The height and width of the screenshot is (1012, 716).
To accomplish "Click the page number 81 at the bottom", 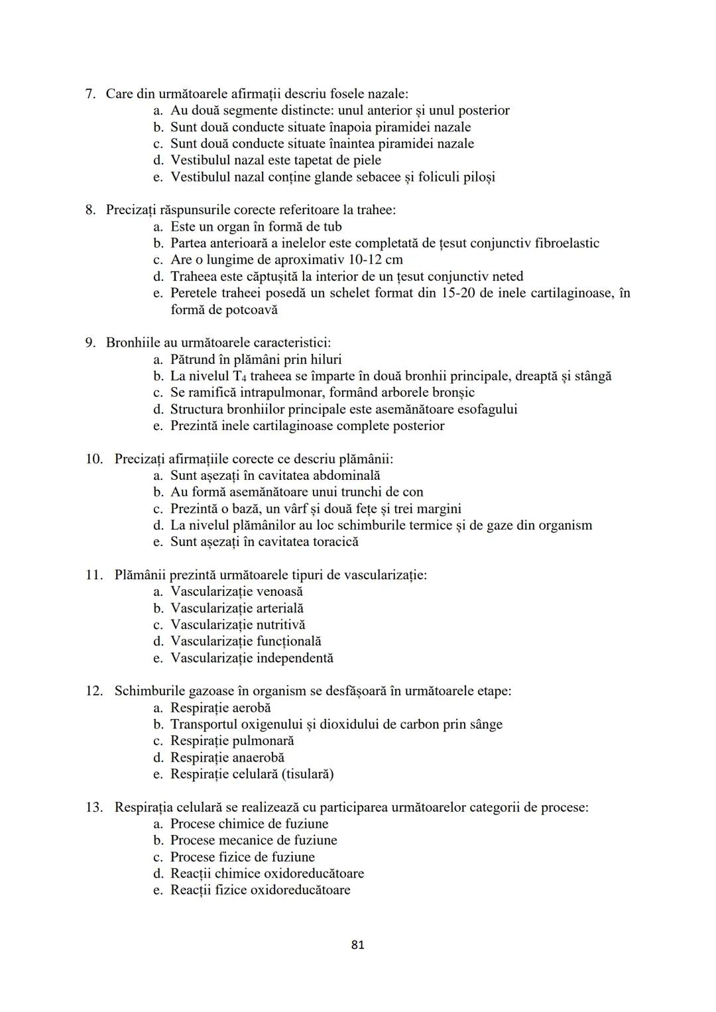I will tap(357, 945).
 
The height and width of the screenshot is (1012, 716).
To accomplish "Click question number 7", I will tap(91, 94).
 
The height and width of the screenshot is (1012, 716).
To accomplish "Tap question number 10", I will tap(93, 459).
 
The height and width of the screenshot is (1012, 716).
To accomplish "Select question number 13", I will tap(93, 807).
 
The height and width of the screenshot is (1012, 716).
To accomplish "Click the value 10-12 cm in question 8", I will tap(375, 260).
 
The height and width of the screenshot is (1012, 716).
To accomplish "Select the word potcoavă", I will tap(252, 309).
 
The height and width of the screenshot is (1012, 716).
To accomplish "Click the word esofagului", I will tap(487, 409).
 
